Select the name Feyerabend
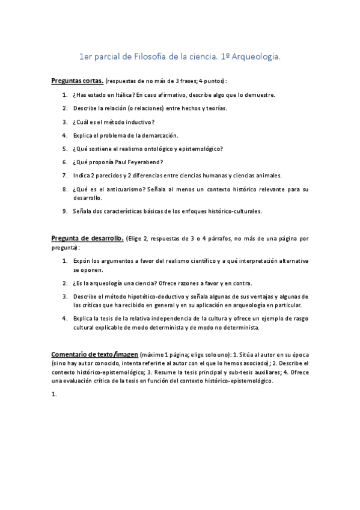tap(145, 162)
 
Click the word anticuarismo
tap(124, 189)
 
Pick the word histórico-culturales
tap(233, 211)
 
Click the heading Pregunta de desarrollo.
tap(87, 239)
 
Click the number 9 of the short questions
tap(64, 211)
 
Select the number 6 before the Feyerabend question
tap(64, 162)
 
